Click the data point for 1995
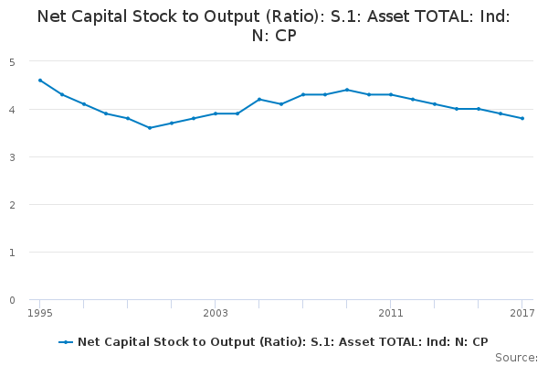pyautogui.click(x=40, y=81)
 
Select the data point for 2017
pyautogui.click(x=522, y=118)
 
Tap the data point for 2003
pyautogui.click(x=216, y=113)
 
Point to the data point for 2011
pyautogui.click(x=391, y=94)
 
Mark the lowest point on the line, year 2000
pyautogui.click(x=150, y=128)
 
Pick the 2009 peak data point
pyautogui.click(x=347, y=90)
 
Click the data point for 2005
pyautogui.click(x=259, y=99)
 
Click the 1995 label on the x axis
pyautogui.click(x=40, y=314)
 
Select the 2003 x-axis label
pyautogui.click(x=216, y=314)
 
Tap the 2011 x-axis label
pyautogui.click(x=391, y=314)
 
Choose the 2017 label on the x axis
pyautogui.click(x=522, y=314)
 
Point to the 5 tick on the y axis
pyautogui.click(x=13, y=62)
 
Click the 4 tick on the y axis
pyautogui.click(x=13, y=110)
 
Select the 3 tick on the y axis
pyautogui.click(x=13, y=157)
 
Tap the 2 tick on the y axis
pyautogui.click(x=13, y=205)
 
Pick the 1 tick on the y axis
pyautogui.click(x=13, y=253)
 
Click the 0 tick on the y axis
pyautogui.click(x=13, y=300)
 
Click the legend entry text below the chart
pyautogui.click(x=283, y=341)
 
